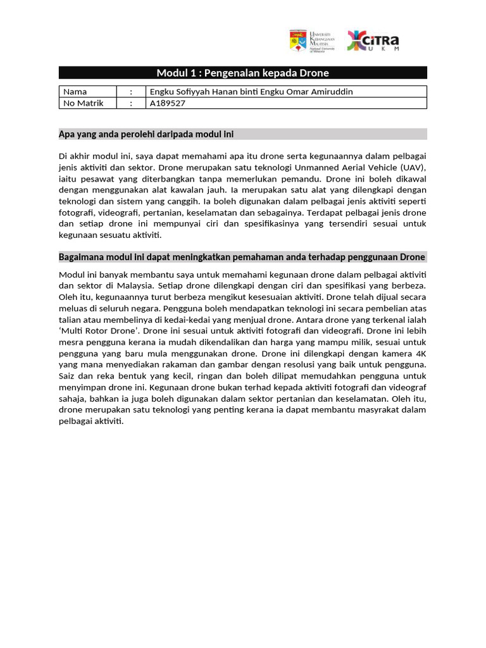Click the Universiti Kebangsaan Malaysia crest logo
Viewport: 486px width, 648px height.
(297, 41)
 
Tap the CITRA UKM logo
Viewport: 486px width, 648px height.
(373, 42)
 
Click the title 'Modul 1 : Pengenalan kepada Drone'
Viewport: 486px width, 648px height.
(242, 73)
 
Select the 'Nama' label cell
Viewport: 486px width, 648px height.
(75, 92)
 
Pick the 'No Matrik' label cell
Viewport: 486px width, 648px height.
(83, 103)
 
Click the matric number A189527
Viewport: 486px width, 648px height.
(167, 103)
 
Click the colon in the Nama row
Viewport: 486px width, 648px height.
(130, 92)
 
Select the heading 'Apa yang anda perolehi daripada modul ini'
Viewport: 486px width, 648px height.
(146, 134)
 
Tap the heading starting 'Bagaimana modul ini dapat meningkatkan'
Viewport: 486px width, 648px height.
(242, 257)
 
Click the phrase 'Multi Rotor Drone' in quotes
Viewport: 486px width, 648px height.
(100, 330)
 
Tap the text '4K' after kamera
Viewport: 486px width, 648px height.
(421, 353)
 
